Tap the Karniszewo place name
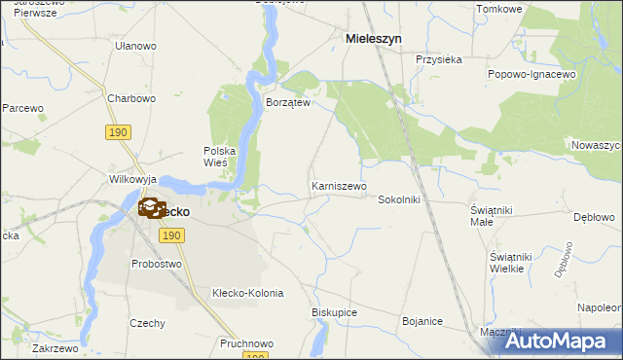(x=338, y=185)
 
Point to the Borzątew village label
(x=287, y=102)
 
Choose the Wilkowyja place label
(x=133, y=180)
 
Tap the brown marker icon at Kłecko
(x=152, y=207)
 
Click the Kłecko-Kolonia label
(x=247, y=293)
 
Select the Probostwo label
(x=156, y=264)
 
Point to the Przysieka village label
(x=438, y=59)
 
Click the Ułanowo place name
(x=135, y=46)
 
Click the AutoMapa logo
(x=559, y=341)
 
